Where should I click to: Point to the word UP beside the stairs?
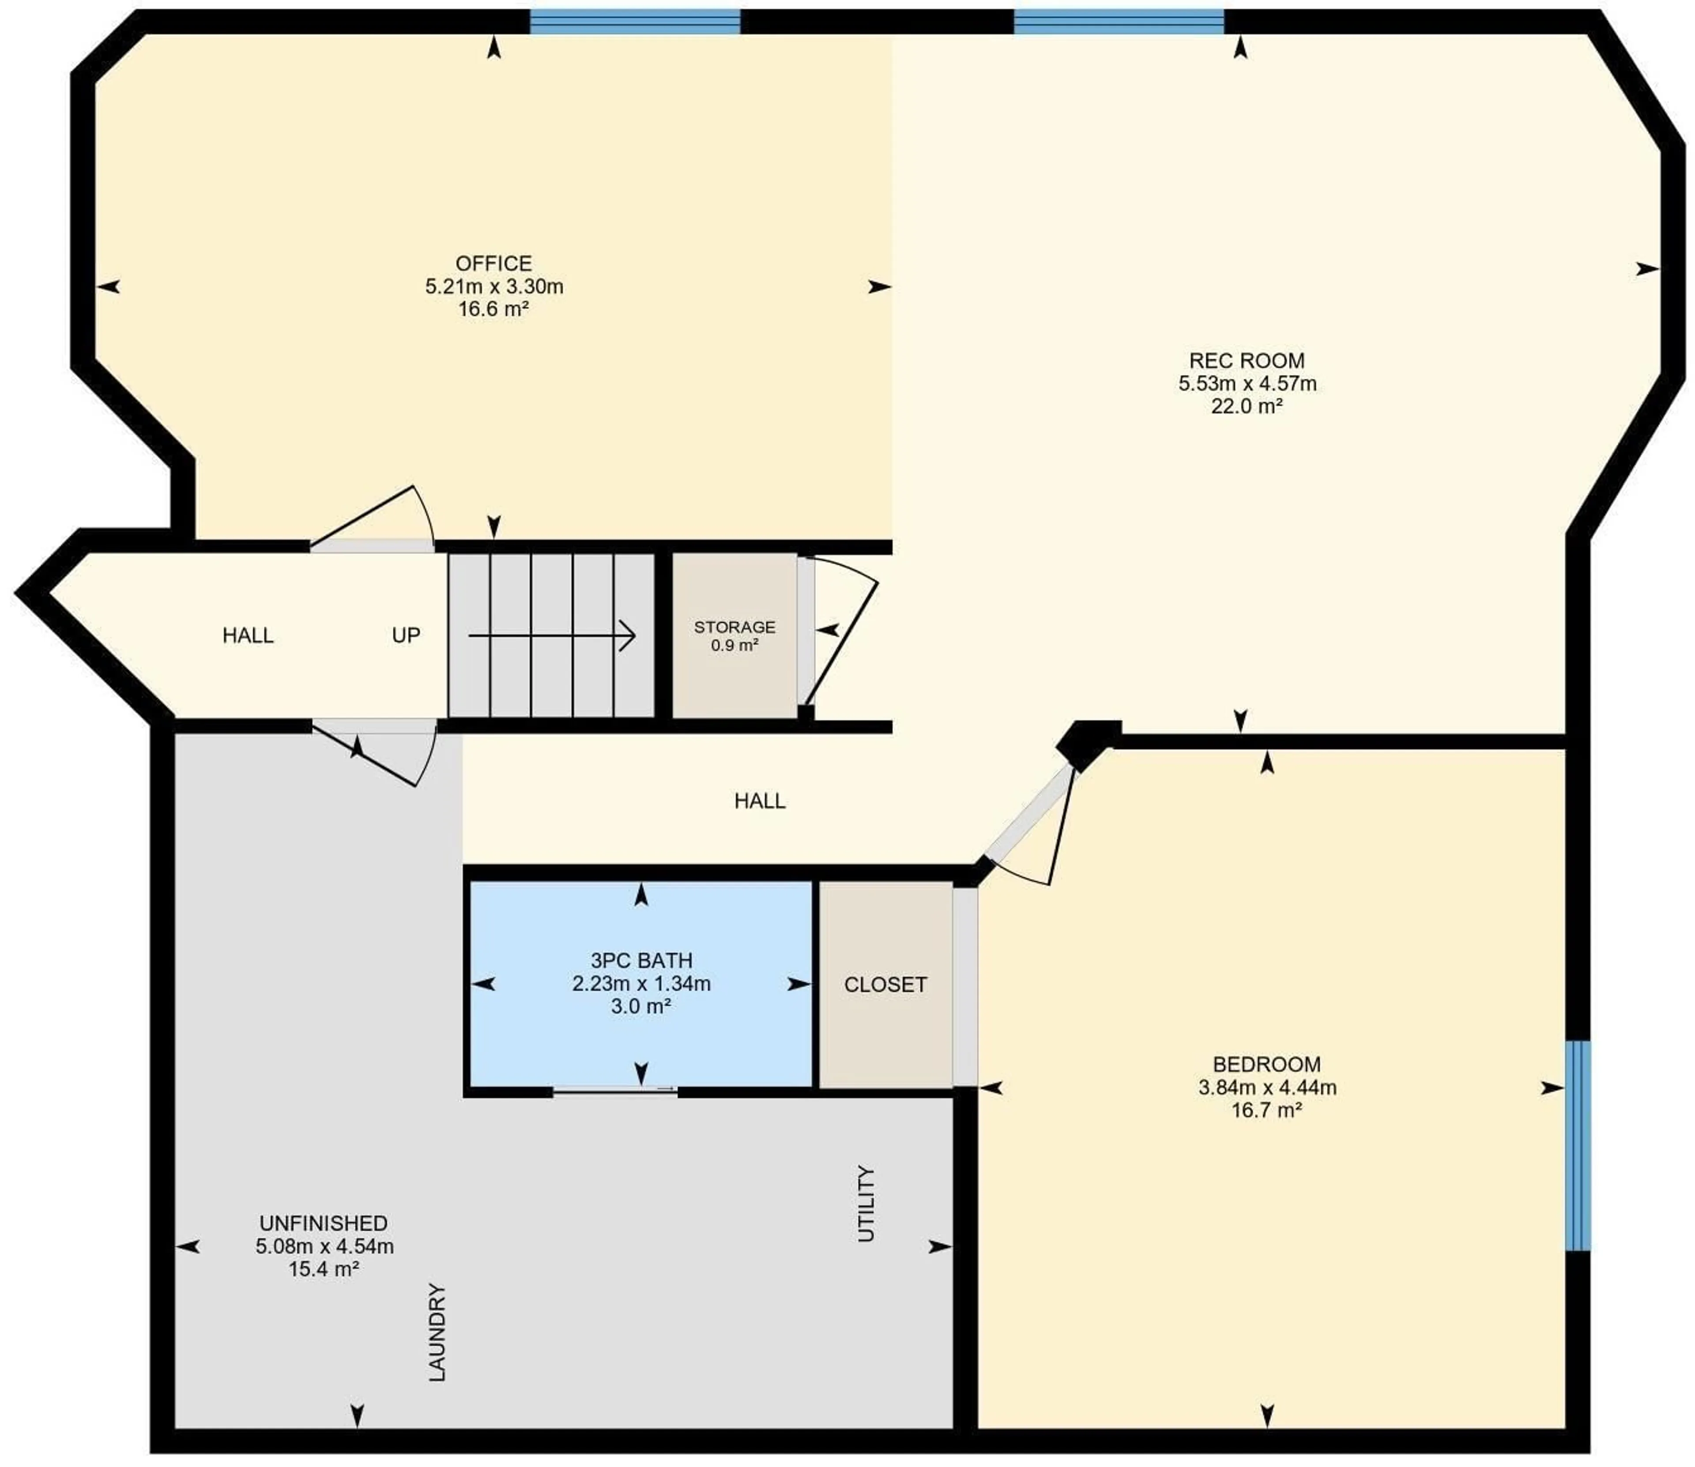tap(406, 635)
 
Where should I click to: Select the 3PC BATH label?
tap(641, 960)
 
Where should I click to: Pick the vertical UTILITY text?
tap(866, 1204)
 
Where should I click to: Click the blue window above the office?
tap(636, 21)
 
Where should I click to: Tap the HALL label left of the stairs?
tap(248, 635)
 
